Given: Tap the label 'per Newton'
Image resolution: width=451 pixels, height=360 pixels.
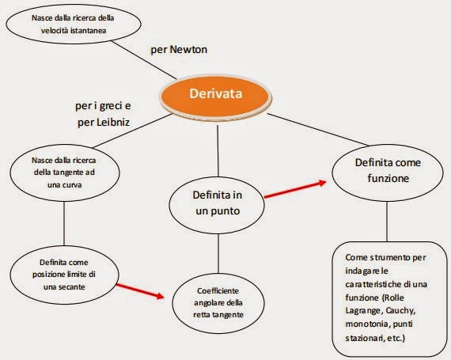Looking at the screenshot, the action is point(179,50).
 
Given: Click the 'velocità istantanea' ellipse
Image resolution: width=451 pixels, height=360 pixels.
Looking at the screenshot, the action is point(74,25).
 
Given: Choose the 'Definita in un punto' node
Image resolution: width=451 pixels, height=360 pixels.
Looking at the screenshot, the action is point(217,204).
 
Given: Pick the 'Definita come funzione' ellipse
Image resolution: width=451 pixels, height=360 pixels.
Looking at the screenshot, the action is point(388,172).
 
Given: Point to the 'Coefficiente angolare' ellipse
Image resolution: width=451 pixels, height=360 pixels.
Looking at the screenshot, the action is point(218,303).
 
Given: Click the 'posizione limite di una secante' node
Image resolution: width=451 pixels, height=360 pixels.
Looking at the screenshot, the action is point(64,275).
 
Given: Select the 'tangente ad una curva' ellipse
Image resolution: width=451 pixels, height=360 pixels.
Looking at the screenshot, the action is point(65,172).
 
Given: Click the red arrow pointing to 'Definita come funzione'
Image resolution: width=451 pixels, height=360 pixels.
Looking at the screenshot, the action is point(295,189).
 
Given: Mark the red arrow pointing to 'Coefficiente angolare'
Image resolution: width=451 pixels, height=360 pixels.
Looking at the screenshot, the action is point(140,291).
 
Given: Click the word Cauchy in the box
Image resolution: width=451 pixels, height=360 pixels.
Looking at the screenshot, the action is point(400,311).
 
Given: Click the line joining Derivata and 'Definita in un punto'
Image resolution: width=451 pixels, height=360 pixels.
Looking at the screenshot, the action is point(218,150).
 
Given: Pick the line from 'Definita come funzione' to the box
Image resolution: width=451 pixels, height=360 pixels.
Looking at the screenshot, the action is point(387,222).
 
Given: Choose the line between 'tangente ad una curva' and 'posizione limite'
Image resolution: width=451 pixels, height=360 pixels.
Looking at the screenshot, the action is point(64,223).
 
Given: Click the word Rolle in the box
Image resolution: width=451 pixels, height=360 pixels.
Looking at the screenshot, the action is point(394,297).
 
